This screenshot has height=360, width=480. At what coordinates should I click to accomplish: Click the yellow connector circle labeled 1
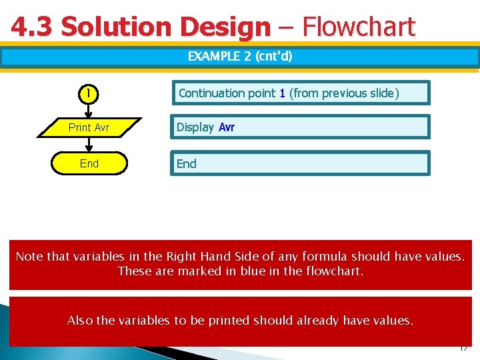(x=88, y=93)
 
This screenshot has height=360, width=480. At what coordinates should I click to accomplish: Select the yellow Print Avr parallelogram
(x=89, y=127)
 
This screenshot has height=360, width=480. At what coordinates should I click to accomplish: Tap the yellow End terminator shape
(x=89, y=163)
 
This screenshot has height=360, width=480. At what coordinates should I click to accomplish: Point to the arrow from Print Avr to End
(x=88, y=145)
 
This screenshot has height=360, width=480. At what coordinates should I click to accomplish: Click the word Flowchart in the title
(x=358, y=27)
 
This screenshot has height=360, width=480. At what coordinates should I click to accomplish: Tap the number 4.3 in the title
(x=32, y=27)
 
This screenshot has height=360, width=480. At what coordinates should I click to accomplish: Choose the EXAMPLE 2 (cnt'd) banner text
(x=240, y=56)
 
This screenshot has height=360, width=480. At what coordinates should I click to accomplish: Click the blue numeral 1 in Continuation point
(x=282, y=93)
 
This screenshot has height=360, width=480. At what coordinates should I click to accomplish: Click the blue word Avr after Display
(x=227, y=127)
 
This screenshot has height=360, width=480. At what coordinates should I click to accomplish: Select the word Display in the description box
(x=195, y=127)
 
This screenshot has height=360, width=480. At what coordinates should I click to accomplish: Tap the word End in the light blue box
(x=187, y=163)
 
